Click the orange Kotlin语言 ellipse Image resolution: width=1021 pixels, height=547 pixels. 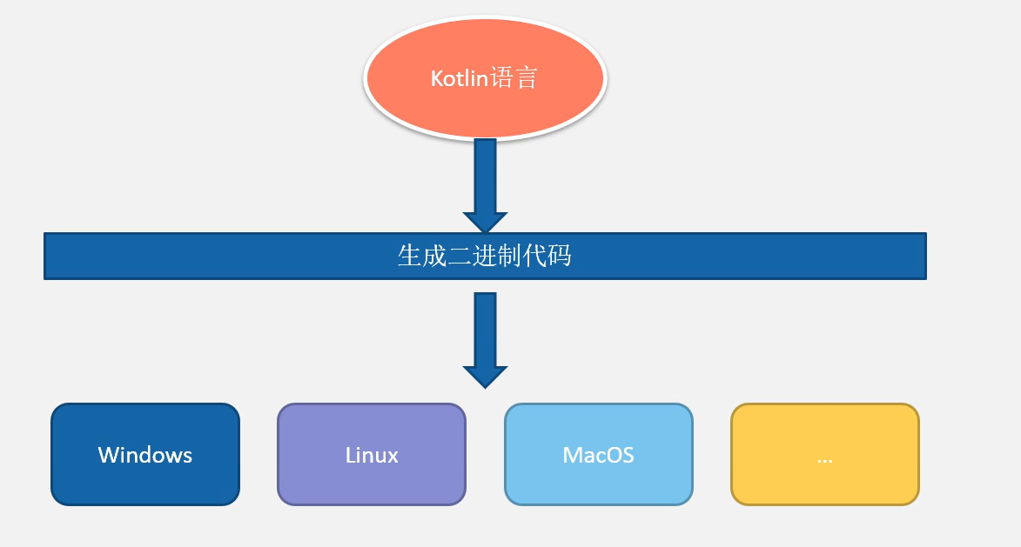coord(485,77)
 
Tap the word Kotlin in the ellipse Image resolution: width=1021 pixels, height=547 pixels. coord(459,78)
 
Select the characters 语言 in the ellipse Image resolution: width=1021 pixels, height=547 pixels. coord(513,78)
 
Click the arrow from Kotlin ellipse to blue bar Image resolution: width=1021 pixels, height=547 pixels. coord(485,185)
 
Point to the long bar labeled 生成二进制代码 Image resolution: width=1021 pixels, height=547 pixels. coord(485,257)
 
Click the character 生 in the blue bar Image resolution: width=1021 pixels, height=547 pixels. coord(410,256)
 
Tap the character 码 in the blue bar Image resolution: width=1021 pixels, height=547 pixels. coord(560,256)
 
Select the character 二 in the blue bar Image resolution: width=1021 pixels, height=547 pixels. coord(460,256)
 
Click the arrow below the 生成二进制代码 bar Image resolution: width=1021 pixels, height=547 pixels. coord(485,340)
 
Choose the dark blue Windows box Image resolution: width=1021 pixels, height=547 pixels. coord(145,454)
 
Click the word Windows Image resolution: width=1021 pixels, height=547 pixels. coord(145,455)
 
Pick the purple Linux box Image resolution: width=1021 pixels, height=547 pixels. coord(372,454)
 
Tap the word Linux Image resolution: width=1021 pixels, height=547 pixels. coord(372,455)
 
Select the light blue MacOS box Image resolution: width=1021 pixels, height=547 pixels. coord(598,454)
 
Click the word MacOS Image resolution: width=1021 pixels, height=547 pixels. coord(598,455)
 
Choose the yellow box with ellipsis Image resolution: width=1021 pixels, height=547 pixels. coord(825,454)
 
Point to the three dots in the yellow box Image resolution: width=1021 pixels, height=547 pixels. coord(825,461)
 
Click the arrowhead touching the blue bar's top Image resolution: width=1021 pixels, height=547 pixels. coord(485,222)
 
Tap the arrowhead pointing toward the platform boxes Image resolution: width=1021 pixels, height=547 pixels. coord(485,377)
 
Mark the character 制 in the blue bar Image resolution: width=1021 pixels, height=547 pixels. coord(510,256)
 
